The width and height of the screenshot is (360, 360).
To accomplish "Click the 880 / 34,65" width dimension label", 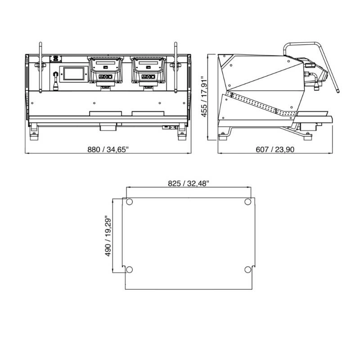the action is pyautogui.click(x=108, y=149).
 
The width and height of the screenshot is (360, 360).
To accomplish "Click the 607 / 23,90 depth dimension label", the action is pyautogui.click(x=275, y=149).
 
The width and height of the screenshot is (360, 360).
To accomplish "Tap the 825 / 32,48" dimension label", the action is pyautogui.click(x=189, y=184).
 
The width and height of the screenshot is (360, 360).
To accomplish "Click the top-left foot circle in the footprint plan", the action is pyautogui.click(x=130, y=202).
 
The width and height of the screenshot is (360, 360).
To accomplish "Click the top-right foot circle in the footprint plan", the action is pyautogui.click(x=248, y=202).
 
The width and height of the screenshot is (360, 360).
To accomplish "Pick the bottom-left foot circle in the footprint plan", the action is pyautogui.click(x=130, y=270).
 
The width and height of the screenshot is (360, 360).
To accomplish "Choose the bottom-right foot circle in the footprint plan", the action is pyautogui.click(x=248, y=270).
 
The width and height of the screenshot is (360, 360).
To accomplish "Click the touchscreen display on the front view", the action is pyautogui.click(x=74, y=74).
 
